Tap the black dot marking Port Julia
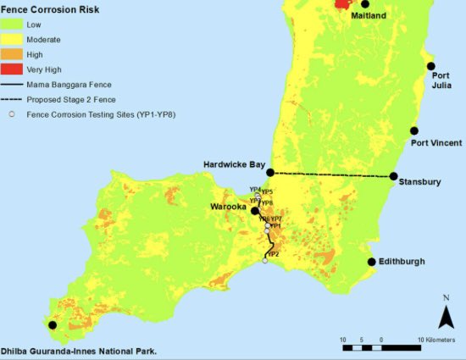[430, 66]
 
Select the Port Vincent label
[432, 142]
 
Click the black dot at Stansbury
[394, 176]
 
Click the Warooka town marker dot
[254, 210]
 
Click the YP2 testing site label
[273, 254]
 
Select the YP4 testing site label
[254, 189]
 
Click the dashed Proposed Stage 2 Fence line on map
[330, 174]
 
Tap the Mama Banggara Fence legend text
[69, 84]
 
